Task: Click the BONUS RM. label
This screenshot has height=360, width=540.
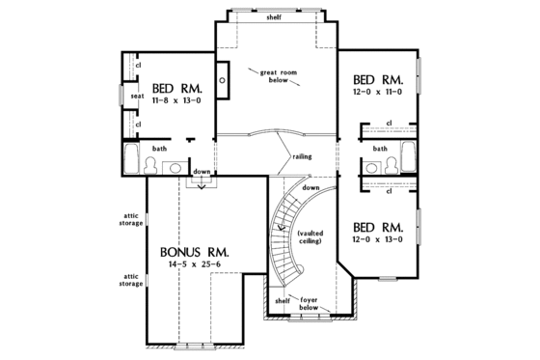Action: point(201,246)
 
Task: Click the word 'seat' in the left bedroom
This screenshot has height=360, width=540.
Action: point(136,95)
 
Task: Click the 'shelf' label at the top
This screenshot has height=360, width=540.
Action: point(275,17)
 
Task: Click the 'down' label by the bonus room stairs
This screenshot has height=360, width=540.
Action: point(202,172)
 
